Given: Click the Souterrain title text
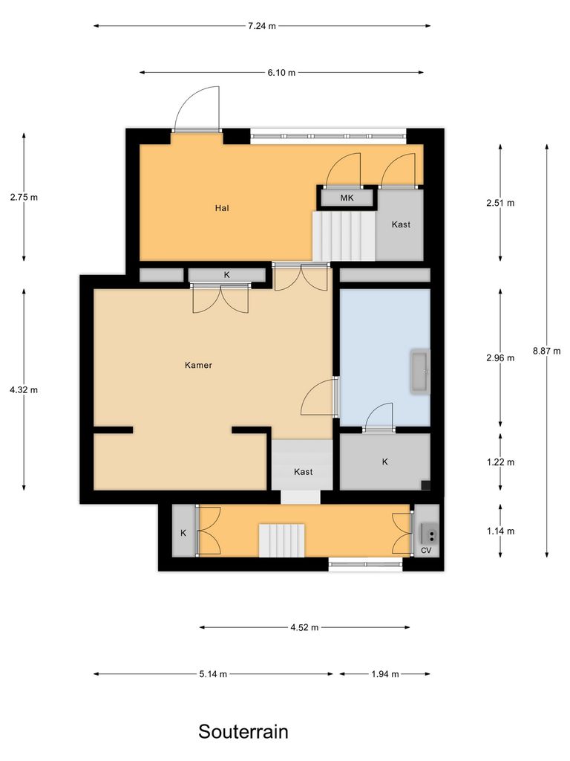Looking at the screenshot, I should pyautogui.click(x=243, y=731).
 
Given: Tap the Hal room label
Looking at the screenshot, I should pyautogui.click(x=221, y=208).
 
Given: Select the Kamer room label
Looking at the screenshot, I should pyautogui.click(x=198, y=365).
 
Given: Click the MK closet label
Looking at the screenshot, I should pyautogui.click(x=347, y=198).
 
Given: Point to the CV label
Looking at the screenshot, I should pyautogui.click(x=426, y=551).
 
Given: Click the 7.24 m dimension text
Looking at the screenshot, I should pyautogui.click(x=262, y=26).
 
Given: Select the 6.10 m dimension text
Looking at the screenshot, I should pyautogui.click(x=282, y=73).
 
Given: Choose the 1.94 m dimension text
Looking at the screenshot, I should pyautogui.click(x=384, y=674).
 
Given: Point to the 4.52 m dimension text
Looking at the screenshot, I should pyautogui.click(x=304, y=627).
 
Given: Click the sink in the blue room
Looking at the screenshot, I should pyautogui.click(x=420, y=372).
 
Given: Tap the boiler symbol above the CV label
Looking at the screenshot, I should pyautogui.click(x=430, y=533).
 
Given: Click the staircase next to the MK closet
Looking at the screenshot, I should pyautogui.click(x=343, y=236).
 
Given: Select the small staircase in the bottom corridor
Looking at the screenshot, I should pyautogui.click(x=282, y=539).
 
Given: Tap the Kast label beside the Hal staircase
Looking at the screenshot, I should pyautogui.click(x=401, y=224).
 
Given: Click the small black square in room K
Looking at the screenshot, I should pyautogui.click(x=425, y=485).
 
